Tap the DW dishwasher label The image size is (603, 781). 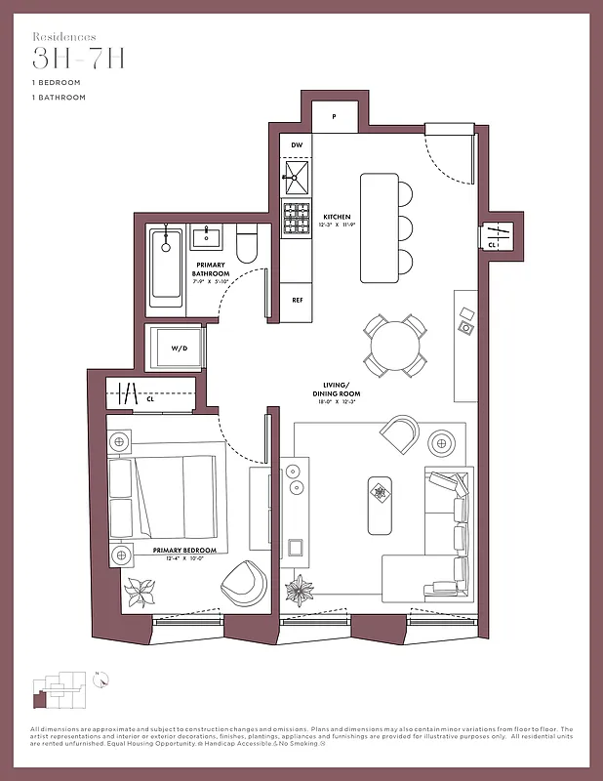pyautogui.click(x=296, y=144)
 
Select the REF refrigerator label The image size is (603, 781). pyautogui.click(x=298, y=300)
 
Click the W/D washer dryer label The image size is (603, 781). pyautogui.click(x=180, y=348)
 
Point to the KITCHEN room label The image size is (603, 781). pyautogui.click(x=337, y=217)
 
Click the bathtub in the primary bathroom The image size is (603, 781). pyautogui.click(x=167, y=266)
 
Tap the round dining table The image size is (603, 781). pyautogui.click(x=397, y=345)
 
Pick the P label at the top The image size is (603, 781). pyautogui.click(x=334, y=116)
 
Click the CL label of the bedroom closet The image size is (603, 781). pyautogui.click(x=150, y=398)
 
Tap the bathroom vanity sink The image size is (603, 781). pyautogui.click(x=208, y=236)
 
